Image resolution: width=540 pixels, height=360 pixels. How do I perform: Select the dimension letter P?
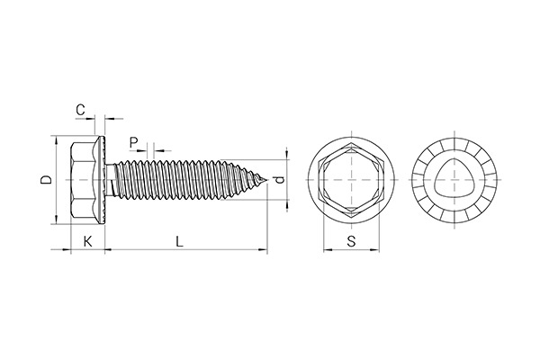click(x=133, y=141)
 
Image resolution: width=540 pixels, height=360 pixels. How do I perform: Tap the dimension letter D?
click(x=47, y=181)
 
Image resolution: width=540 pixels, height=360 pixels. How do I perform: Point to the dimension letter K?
click(x=87, y=240)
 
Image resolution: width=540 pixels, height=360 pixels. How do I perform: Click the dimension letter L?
click(x=180, y=240)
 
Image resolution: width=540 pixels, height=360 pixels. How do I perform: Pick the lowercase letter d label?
click(x=279, y=181)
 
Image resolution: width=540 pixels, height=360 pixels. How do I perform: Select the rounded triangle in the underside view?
click(x=454, y=181)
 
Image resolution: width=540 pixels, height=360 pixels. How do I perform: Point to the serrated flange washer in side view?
click(x=102, y=181)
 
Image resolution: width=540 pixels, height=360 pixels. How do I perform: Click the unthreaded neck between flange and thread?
click(x=112, y=181)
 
